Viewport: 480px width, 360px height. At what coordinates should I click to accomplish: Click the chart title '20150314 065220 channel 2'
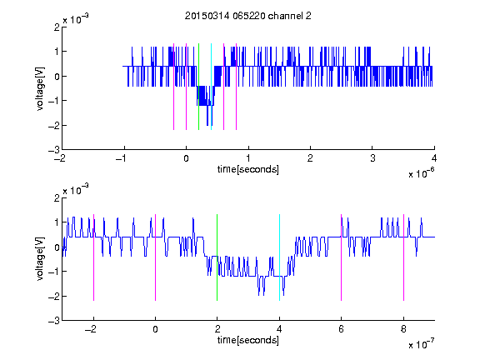coord(248,16)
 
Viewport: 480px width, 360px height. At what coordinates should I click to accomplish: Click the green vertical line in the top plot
coord(198,87)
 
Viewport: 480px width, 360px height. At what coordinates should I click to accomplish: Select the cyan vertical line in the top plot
coord(211,87)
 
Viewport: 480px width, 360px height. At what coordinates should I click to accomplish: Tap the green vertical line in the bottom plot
coord(217,257)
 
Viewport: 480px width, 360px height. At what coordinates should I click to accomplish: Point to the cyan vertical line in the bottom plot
coord(279,257)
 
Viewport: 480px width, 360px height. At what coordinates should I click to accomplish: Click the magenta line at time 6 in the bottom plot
coord(342,257)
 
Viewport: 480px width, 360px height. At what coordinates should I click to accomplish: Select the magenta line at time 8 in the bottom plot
coord(404,257)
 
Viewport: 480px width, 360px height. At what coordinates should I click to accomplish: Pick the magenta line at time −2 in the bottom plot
coord(93,257)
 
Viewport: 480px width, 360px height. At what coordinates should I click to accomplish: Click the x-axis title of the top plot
coord(248,169)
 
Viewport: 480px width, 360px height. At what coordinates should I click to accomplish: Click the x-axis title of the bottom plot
coord(248,340)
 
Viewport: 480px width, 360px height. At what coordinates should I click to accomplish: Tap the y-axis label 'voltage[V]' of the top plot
coord(40,88)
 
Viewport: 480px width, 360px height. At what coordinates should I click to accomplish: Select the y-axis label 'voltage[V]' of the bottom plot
coord(40,258)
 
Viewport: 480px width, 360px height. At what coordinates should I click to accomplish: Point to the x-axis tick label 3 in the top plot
coord(372,158)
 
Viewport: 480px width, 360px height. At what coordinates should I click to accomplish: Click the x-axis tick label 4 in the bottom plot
coord(279,329)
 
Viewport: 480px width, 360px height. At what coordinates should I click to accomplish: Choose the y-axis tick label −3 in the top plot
coord(54,150)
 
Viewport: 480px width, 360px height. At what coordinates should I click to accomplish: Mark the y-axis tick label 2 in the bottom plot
coord(57,197)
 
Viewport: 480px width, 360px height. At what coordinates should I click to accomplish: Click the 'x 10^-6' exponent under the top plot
coord(421,173)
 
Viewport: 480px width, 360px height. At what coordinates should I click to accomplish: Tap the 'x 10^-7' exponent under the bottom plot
coord(421,344)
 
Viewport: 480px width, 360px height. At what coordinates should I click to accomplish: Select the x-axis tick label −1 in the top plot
coord(122,158)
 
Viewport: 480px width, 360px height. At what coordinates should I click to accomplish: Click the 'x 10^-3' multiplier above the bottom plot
coord(76,189)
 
